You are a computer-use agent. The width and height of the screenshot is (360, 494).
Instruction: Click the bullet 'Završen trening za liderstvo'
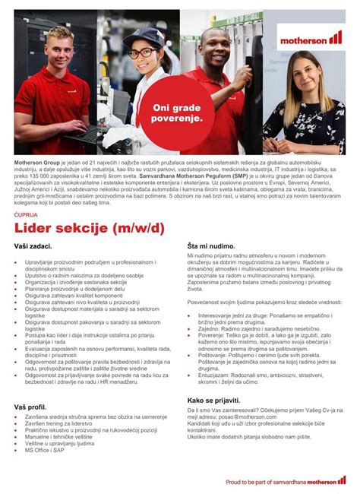pos(66,426)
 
